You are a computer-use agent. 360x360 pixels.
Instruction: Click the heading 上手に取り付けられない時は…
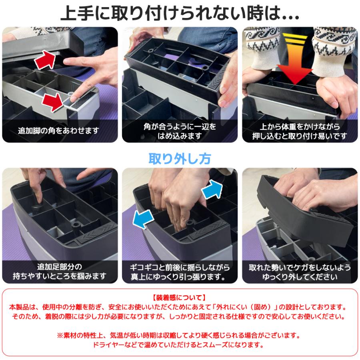click(x=180, y=13)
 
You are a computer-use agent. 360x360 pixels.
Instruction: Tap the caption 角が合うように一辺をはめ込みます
click(x=180, y=131)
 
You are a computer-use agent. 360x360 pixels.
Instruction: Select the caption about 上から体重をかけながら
click(x=300, y=131)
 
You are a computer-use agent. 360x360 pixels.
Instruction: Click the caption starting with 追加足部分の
click(x=60, y=272)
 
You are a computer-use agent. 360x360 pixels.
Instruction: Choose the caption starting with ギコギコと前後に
click(x=180, y=272)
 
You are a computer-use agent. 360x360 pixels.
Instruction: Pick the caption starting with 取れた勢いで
click(x=300, y=272)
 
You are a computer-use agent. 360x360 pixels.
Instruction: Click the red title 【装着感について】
click(x=180, y=298)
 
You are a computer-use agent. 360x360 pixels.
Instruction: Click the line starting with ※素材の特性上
click(x=180, y=335)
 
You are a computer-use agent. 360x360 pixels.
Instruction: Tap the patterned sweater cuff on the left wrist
click(x=261, y=44)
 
